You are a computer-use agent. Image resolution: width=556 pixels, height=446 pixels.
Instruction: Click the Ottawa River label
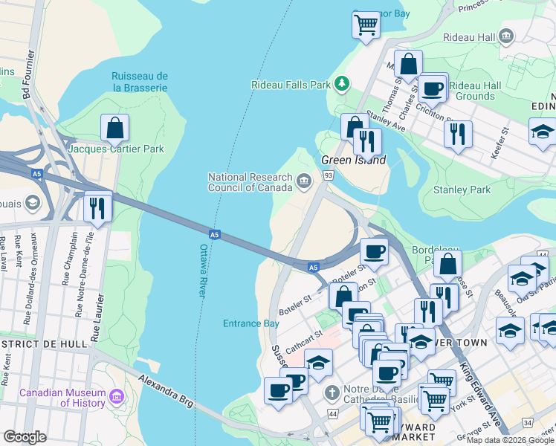pyautogui.click(x=202, y=271)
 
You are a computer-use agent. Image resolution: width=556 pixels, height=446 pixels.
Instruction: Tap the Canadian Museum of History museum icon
pyautogui.click(x=116, y=398)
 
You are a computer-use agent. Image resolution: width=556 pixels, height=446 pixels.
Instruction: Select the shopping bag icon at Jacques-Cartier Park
pyautogui.click(x=115, y=129)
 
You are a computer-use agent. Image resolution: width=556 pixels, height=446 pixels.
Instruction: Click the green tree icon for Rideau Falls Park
pyautogui.click(x=342, y=84)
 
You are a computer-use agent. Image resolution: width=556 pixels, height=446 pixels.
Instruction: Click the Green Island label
pyautogui.click(x=353, y=160)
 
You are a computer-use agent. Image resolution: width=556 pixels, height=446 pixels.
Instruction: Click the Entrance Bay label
pyautogui.click(x=251, y=323)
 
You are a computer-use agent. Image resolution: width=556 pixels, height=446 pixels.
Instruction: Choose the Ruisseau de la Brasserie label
pyautogui.click(x=140, y=82)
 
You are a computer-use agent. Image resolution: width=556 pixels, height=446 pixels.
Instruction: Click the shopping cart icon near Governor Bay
pyautogui.click(x=366, y=25)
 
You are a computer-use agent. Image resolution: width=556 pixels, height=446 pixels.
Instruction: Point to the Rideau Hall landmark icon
pyautogui.click(x=507, y=36)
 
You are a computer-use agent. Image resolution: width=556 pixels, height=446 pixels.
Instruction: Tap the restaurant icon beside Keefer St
pyautogui.click(x=458, y=134)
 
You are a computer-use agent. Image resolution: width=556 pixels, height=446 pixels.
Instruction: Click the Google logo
pyautogui.click(x=25, y=437)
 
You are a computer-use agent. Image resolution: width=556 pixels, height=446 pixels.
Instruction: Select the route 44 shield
pyautogui.click(x=332, y=413)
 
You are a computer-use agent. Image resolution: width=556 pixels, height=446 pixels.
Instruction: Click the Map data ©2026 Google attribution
pyautogui.click(x=510, y=440)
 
